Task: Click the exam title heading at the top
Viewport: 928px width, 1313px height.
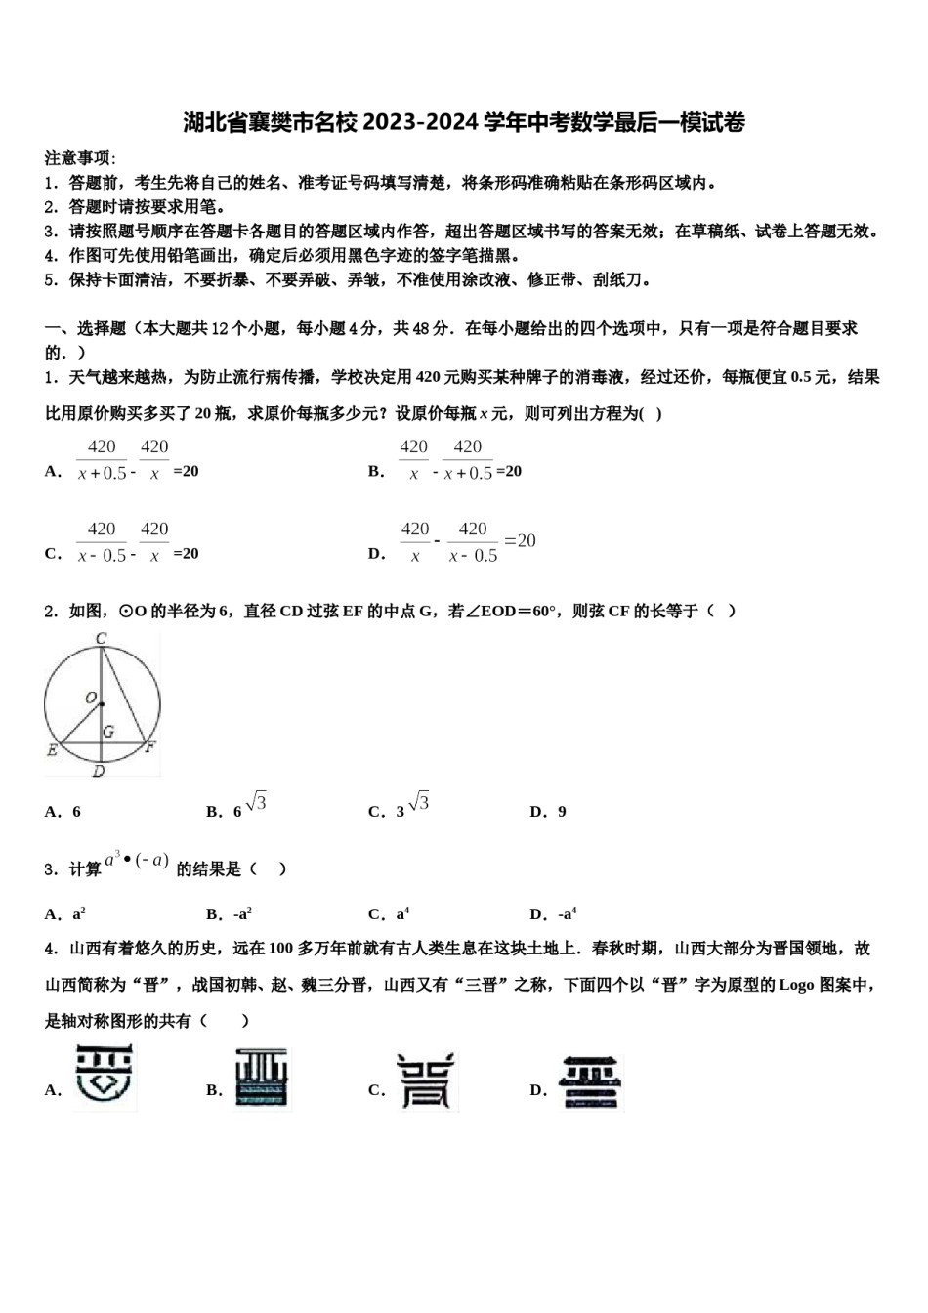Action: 464,123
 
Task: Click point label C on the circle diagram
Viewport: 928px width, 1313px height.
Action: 101,639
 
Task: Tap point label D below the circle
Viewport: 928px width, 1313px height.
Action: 99,772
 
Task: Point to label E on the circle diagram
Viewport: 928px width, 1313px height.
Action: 52,750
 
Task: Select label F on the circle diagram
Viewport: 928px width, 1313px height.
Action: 149,747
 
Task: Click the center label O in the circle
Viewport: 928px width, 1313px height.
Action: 91,698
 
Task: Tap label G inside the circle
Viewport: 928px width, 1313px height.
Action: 108,731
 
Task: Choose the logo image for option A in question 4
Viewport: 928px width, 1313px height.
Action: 105,1078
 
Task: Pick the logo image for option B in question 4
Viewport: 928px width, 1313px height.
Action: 262,1079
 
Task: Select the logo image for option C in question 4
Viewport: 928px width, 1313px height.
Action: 426,1080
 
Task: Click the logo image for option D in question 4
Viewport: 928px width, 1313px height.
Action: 591,1080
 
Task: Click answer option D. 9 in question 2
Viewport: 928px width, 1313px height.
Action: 548,812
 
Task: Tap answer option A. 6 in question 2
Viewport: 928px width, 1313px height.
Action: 63,812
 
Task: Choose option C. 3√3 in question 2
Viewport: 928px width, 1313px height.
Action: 398,808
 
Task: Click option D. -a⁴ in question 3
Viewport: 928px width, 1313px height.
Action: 553,914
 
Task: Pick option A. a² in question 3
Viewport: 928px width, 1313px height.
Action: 65,914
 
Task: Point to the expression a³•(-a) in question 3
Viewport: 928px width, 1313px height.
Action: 137,861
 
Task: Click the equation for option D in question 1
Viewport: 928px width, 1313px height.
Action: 468,542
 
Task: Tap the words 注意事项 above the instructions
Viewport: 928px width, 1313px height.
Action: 80,158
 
